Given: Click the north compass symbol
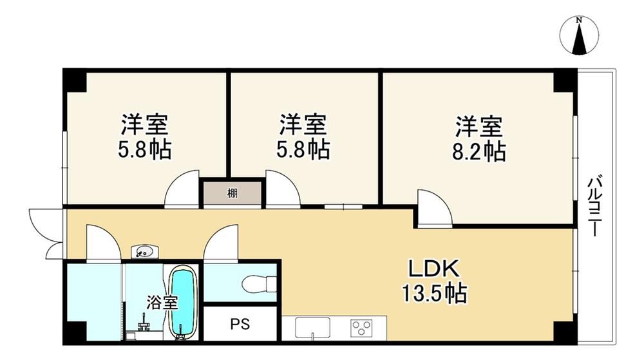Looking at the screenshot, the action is (579, 36).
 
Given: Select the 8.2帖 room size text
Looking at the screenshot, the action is (479, 152).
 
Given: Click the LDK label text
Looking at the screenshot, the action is (433, 269).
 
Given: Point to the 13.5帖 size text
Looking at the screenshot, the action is (434, 293).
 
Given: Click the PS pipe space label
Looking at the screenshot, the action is (240, 325).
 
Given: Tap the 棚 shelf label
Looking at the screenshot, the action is (232, 193).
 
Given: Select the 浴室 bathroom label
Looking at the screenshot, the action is (162, 303).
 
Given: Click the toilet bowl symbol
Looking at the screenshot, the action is (259, 283).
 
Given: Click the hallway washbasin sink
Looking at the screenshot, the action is (144, 251).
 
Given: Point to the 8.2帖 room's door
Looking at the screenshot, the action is (435, 208).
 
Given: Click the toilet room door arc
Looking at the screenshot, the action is (220, 242).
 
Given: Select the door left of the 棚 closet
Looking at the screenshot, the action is (182, 187).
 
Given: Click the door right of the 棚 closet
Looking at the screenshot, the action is (283, 187).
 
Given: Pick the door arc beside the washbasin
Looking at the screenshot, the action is (104, 242).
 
